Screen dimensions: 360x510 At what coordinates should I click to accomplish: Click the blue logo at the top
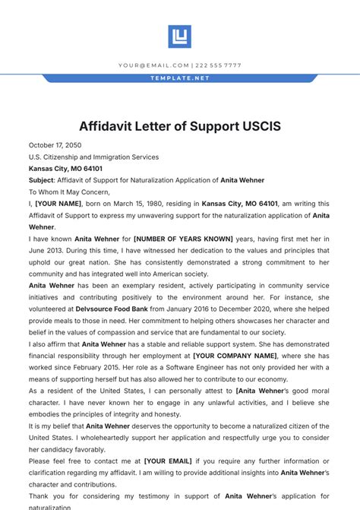click(179, 36)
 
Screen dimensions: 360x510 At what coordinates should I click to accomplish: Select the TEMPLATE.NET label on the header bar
click(180, 78)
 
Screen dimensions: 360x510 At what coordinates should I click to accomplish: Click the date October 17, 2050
click(55, 145)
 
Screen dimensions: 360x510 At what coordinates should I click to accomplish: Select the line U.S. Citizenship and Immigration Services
click(93, 157)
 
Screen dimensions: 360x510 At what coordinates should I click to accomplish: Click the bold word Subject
click(41, 180)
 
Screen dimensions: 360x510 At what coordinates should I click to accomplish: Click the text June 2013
click(47, 250)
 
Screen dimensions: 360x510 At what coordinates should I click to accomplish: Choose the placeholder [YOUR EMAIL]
click(168, 461)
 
